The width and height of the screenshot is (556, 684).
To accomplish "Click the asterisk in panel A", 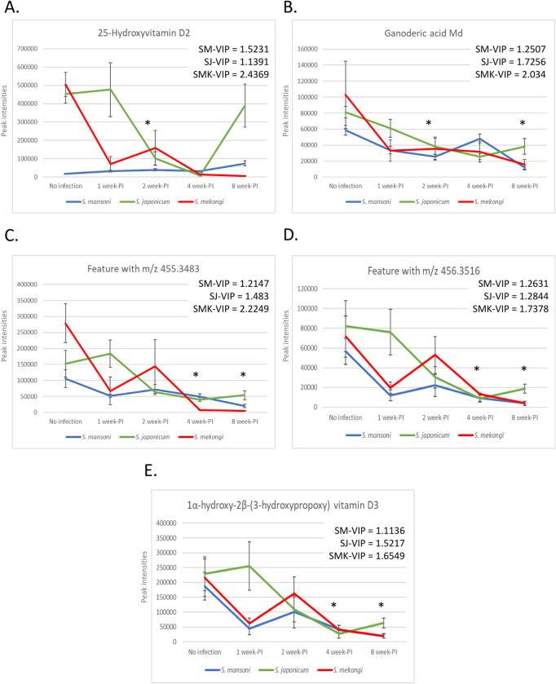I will click(x=148, y=124).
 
